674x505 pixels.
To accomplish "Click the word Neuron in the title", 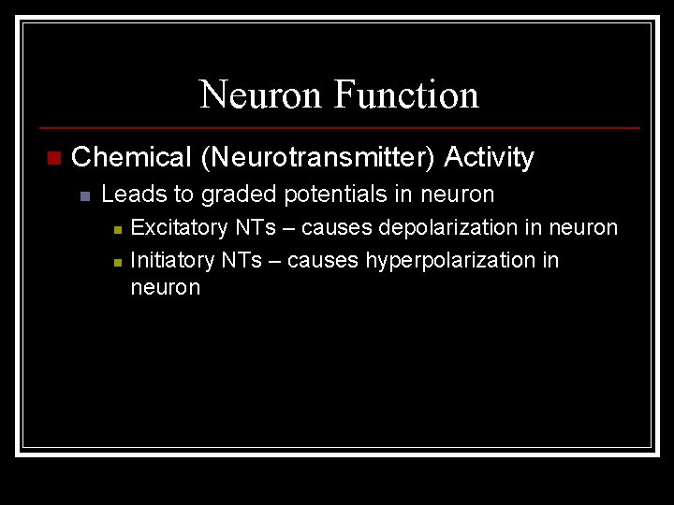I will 261,94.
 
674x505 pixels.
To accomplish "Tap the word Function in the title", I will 405,94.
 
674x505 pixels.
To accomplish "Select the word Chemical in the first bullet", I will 131,157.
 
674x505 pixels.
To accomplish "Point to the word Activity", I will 489,157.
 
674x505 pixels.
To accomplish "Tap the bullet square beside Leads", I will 83,196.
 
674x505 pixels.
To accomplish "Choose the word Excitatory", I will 179,227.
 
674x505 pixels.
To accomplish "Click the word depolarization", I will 453,227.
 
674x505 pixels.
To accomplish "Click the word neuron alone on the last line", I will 166,287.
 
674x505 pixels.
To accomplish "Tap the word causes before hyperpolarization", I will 323,260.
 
